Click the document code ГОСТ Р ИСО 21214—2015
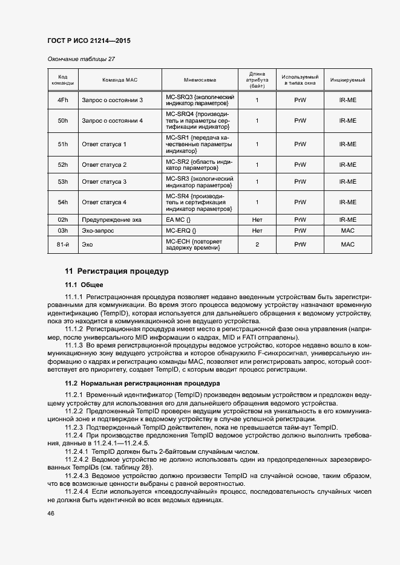click(x=89, y=41)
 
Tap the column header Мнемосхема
click(x=199, y=80)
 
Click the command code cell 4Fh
click(x=62, y=100)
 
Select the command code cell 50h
click(x=62, y=121)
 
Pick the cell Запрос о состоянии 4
click(x=113, y=121)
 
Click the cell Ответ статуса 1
click(x=104, y=144)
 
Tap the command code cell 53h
click(x=62, y=182)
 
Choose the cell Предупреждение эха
click(x=111, y=220)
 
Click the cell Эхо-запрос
click(x=98, y=231)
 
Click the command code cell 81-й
click(x=62, y=245)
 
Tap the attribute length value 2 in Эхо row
click(x=257, y=245)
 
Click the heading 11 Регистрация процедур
click(x=117, y=271)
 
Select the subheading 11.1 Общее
click(x=84, y=285)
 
